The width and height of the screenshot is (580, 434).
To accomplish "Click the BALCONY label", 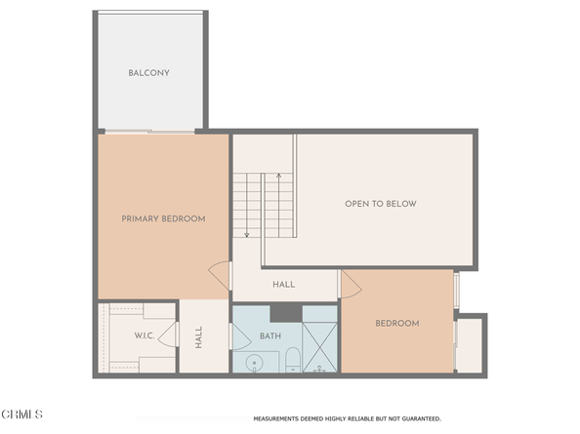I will (148, 73).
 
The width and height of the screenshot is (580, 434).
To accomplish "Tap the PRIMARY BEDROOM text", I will (163, 218).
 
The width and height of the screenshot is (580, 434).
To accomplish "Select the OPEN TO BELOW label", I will (380, 204).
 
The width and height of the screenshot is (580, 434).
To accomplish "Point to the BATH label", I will (270, 336).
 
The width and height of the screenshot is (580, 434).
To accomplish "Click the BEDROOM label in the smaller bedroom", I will (396, 323).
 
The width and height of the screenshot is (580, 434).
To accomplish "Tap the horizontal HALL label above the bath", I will (284, 285).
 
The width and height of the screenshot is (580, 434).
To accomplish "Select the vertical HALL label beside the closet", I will (198, 337).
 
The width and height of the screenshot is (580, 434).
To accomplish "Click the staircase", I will (265, 205).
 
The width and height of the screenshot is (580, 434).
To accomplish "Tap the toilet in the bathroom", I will (292, 364).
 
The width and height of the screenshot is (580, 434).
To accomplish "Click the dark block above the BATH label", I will (285, 312).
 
